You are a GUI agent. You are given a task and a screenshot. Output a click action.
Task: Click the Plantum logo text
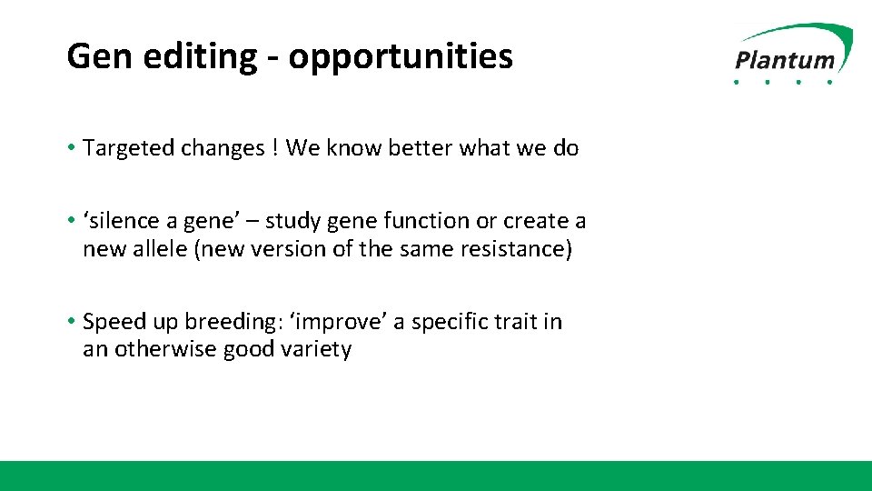pos(785,60)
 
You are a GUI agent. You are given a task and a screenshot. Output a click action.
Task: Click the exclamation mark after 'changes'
pos(275,147)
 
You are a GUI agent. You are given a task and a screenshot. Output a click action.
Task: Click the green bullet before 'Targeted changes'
pos(71,147)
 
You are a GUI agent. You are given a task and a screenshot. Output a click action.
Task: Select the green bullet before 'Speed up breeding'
pos(71,321)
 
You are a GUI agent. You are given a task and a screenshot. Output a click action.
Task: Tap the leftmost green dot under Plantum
pos(737,82)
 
